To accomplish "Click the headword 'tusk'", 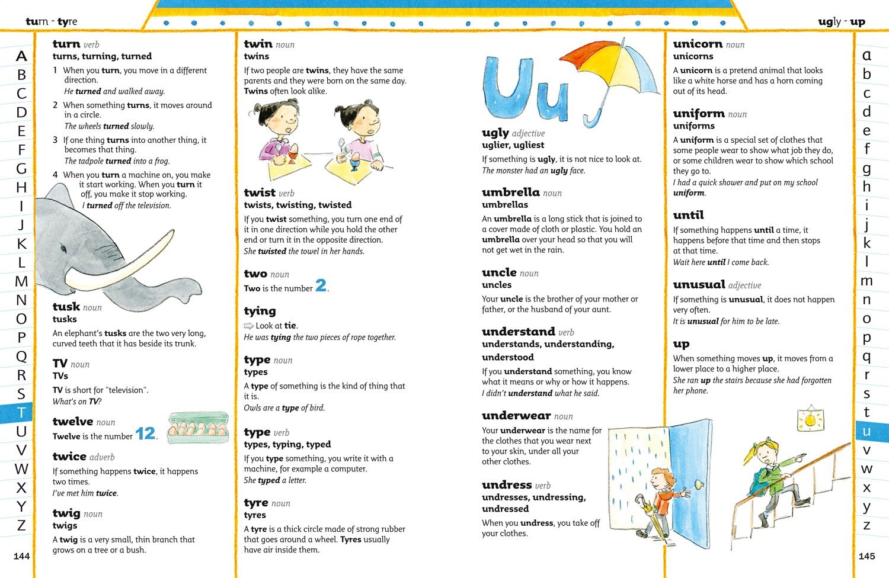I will (x=66, y=307).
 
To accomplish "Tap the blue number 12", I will (x=145, y=433).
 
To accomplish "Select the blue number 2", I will (x=321, y=286).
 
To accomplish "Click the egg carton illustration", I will (x=198, y=428).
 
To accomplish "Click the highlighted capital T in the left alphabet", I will (x=21, y=413).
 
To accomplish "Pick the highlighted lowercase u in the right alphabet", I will (x=866, y=432).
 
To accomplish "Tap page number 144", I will (x=21, y=556).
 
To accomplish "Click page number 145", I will (x=866, y=556).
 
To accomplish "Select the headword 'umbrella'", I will (x=510, y=192).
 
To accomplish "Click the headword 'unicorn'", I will (x=698, y=44).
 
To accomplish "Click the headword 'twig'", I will (x=66, y=513).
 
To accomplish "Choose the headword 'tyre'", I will (x=256, y=503).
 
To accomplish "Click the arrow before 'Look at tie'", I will (x=249, y=326).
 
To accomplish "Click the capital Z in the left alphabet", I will (x=21, y=525).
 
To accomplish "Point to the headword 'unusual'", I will (x=699, y=284).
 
